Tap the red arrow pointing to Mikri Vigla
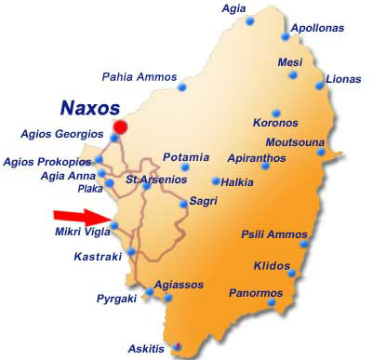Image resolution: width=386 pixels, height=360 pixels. coord(85,217)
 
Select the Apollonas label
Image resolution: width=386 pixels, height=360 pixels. coord(316,29)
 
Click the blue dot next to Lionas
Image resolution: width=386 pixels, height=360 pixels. coord(320,86)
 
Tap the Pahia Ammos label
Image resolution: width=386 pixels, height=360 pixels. coord(138,76)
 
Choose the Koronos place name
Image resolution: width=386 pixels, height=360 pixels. coord(274,122)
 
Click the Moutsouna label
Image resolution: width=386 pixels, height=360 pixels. coord(295,142)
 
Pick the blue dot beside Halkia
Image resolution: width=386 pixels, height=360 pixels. coord(215,181)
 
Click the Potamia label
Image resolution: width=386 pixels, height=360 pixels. coord(185,157)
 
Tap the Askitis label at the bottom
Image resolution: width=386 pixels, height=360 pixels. coord(147,350)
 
